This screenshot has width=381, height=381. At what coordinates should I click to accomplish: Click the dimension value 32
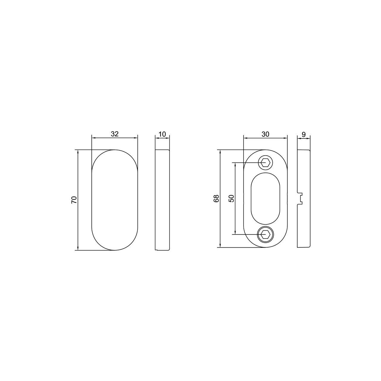pos(115,134)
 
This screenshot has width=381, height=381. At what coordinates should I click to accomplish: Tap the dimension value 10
pos(162,134)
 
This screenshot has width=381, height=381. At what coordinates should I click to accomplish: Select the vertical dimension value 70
pos(74,200)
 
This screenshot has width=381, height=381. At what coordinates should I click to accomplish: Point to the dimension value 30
pos(265,134)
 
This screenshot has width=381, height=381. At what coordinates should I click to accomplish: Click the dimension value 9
pos(304,135)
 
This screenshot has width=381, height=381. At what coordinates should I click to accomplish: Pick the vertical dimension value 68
pos(216,198)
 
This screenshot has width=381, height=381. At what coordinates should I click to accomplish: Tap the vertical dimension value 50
pos(231,198)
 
